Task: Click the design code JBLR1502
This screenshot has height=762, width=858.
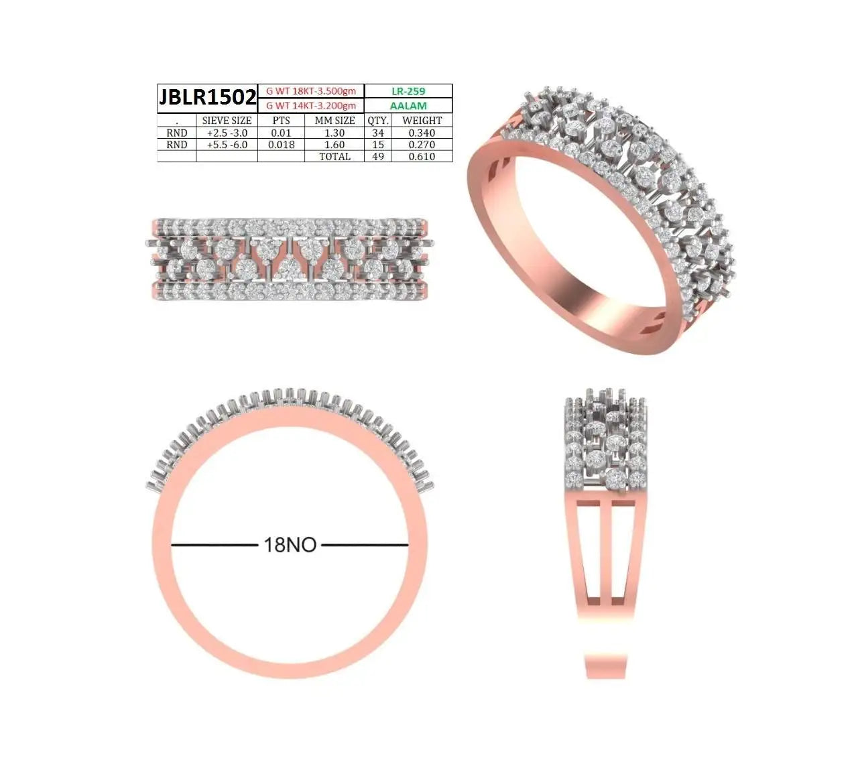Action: (207, 97)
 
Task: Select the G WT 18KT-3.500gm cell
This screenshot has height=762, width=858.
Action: (310, 90)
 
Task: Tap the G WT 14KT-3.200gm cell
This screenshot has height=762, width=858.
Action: (310, 105)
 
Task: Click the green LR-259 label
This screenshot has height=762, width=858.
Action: (408, 90)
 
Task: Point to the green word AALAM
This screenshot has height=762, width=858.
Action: (408, 105)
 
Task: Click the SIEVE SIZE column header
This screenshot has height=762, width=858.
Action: (227, 120)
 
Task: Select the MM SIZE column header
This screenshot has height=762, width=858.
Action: (334, 120)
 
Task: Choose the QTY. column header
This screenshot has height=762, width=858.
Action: (377, 120)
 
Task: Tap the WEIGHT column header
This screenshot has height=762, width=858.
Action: (422, 120)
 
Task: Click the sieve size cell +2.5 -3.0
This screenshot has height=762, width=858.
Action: (227, 133)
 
